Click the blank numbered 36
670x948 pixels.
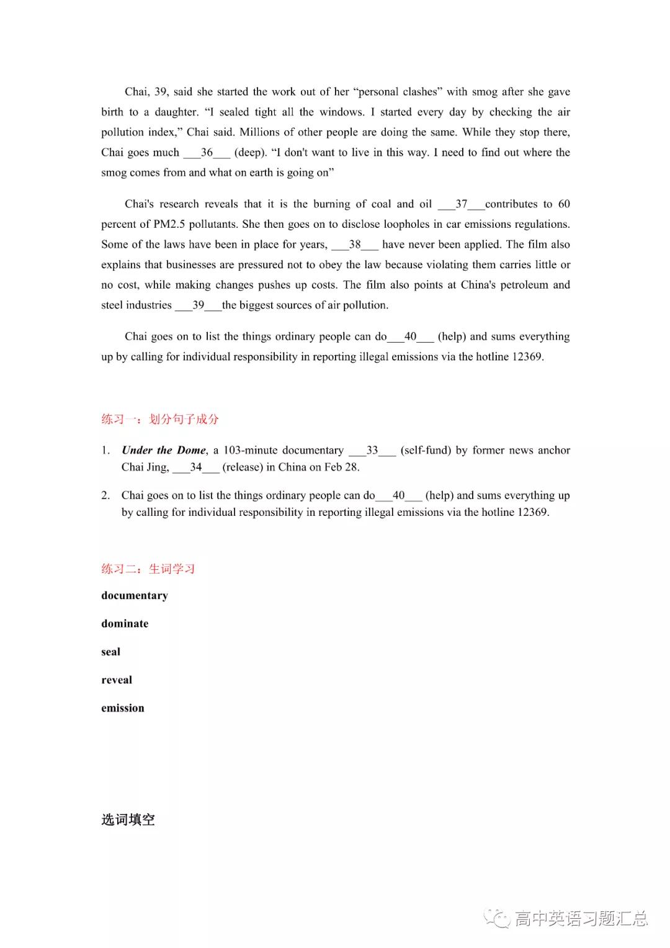click(207, 153)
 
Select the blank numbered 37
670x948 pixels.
click(461, 204)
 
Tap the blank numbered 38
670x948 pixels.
click(354, 245)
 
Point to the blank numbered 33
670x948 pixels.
click(372, 451)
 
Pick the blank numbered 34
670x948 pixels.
click(195, 467)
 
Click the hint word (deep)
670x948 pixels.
click(250, 153)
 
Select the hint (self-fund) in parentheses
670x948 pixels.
click(426, 451)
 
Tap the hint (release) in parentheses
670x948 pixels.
click(243, 467)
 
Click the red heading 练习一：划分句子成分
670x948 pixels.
click(160, 420)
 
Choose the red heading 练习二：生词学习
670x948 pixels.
click(148, 569)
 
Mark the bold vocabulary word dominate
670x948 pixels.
click(125, 624)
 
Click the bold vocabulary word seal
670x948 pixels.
click(111, 652)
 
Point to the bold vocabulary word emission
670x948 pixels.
click(123, 708)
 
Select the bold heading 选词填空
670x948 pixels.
click(128, 820)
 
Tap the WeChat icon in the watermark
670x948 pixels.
click(498, 918)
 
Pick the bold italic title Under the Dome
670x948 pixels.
click(164, 451)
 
